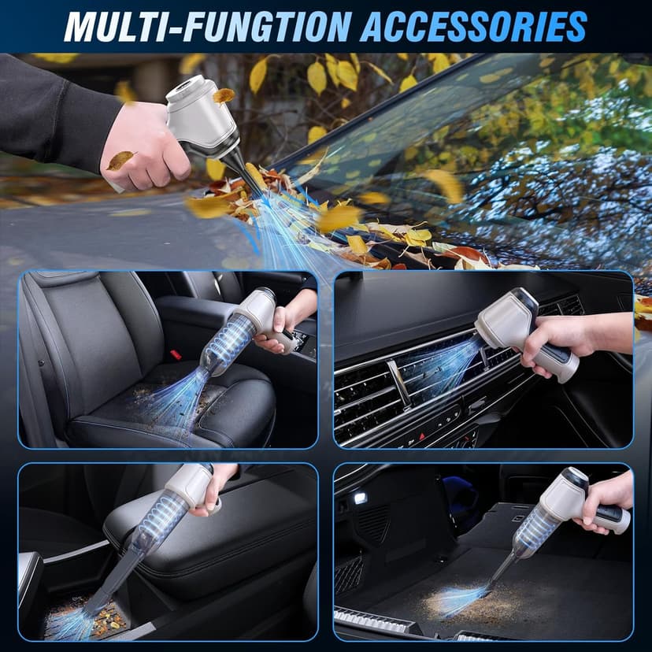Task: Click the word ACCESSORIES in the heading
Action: [x=472, y=26]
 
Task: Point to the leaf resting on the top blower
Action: [x=224, y=95]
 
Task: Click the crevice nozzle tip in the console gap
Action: [x=94, y=606]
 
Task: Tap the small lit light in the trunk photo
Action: [x=360, y=498]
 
